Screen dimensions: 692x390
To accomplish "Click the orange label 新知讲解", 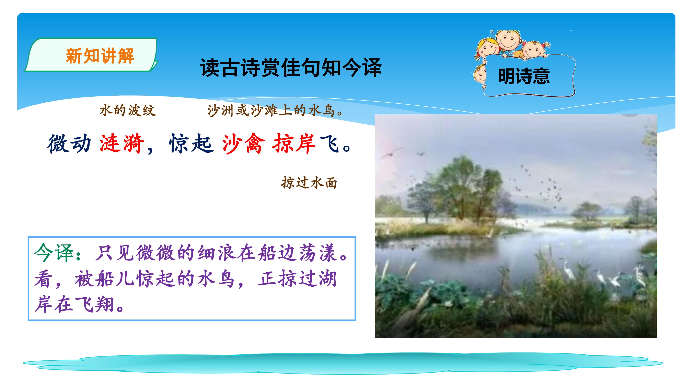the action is (x=100, y=56).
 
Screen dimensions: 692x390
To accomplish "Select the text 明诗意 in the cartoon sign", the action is (x=524, y=76).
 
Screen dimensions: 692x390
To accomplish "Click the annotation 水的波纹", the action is (x=128, y=110).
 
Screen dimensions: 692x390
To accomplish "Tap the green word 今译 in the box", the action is (x=54, y=253).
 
